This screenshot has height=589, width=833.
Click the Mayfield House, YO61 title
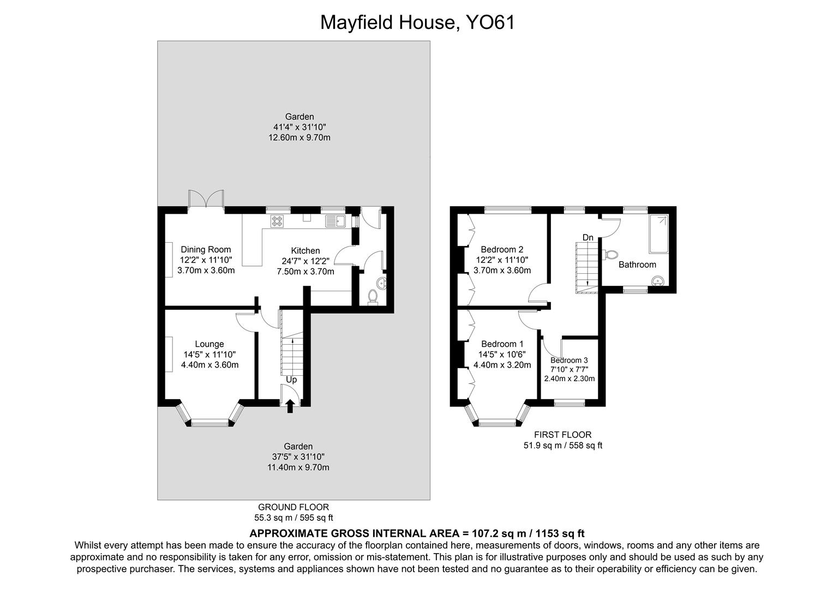coord(417,22)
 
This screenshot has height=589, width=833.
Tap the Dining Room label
coord(206,250)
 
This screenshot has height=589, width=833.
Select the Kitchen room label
coord(305,251)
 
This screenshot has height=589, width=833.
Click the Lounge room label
coord(209,344)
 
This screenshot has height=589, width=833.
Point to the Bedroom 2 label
coord(502,250)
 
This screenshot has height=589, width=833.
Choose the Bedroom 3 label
coord(569,360)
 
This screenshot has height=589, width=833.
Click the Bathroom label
coord(637,265)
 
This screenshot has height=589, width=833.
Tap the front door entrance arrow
coord(290,406)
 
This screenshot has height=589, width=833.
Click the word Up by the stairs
coord(291,380)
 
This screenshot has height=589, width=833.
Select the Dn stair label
coord(588,238)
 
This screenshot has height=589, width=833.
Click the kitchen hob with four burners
coord(278,221)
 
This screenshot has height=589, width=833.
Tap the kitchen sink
coord(335,221)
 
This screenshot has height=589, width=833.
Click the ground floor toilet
coord(373,296)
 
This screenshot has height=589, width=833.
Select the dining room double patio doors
coord(206,199)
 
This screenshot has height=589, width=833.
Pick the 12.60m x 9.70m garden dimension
coord(299,137)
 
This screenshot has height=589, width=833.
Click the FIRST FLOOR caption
coord(562,435)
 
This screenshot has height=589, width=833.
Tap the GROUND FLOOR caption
coord(293,507)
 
